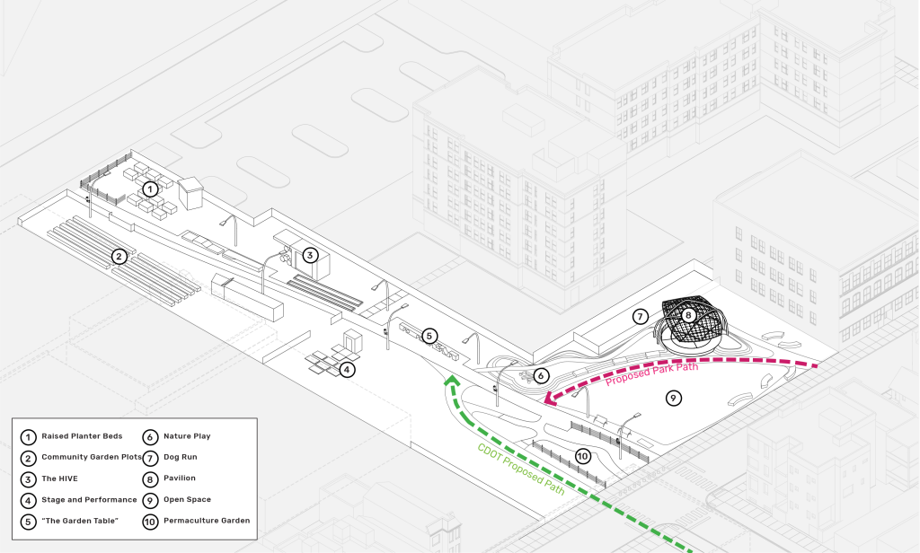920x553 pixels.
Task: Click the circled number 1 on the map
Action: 150,189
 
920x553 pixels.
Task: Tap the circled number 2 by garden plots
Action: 119,257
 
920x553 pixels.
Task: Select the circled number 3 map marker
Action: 309,255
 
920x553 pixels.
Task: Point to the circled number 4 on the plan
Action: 347,368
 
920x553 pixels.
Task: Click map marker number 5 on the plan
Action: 429,336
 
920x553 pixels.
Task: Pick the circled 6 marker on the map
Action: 541,375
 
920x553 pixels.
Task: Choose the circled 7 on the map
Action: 640,316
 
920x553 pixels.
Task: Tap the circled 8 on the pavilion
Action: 688,315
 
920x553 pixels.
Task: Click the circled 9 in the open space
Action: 673,397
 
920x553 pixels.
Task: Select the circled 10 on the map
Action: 582,456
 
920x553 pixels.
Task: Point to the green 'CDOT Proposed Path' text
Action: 521,470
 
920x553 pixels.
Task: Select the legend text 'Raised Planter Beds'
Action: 82,436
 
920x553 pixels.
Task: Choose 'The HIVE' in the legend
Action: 59,478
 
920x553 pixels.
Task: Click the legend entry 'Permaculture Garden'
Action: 207,521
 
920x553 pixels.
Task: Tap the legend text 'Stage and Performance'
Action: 89,499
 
